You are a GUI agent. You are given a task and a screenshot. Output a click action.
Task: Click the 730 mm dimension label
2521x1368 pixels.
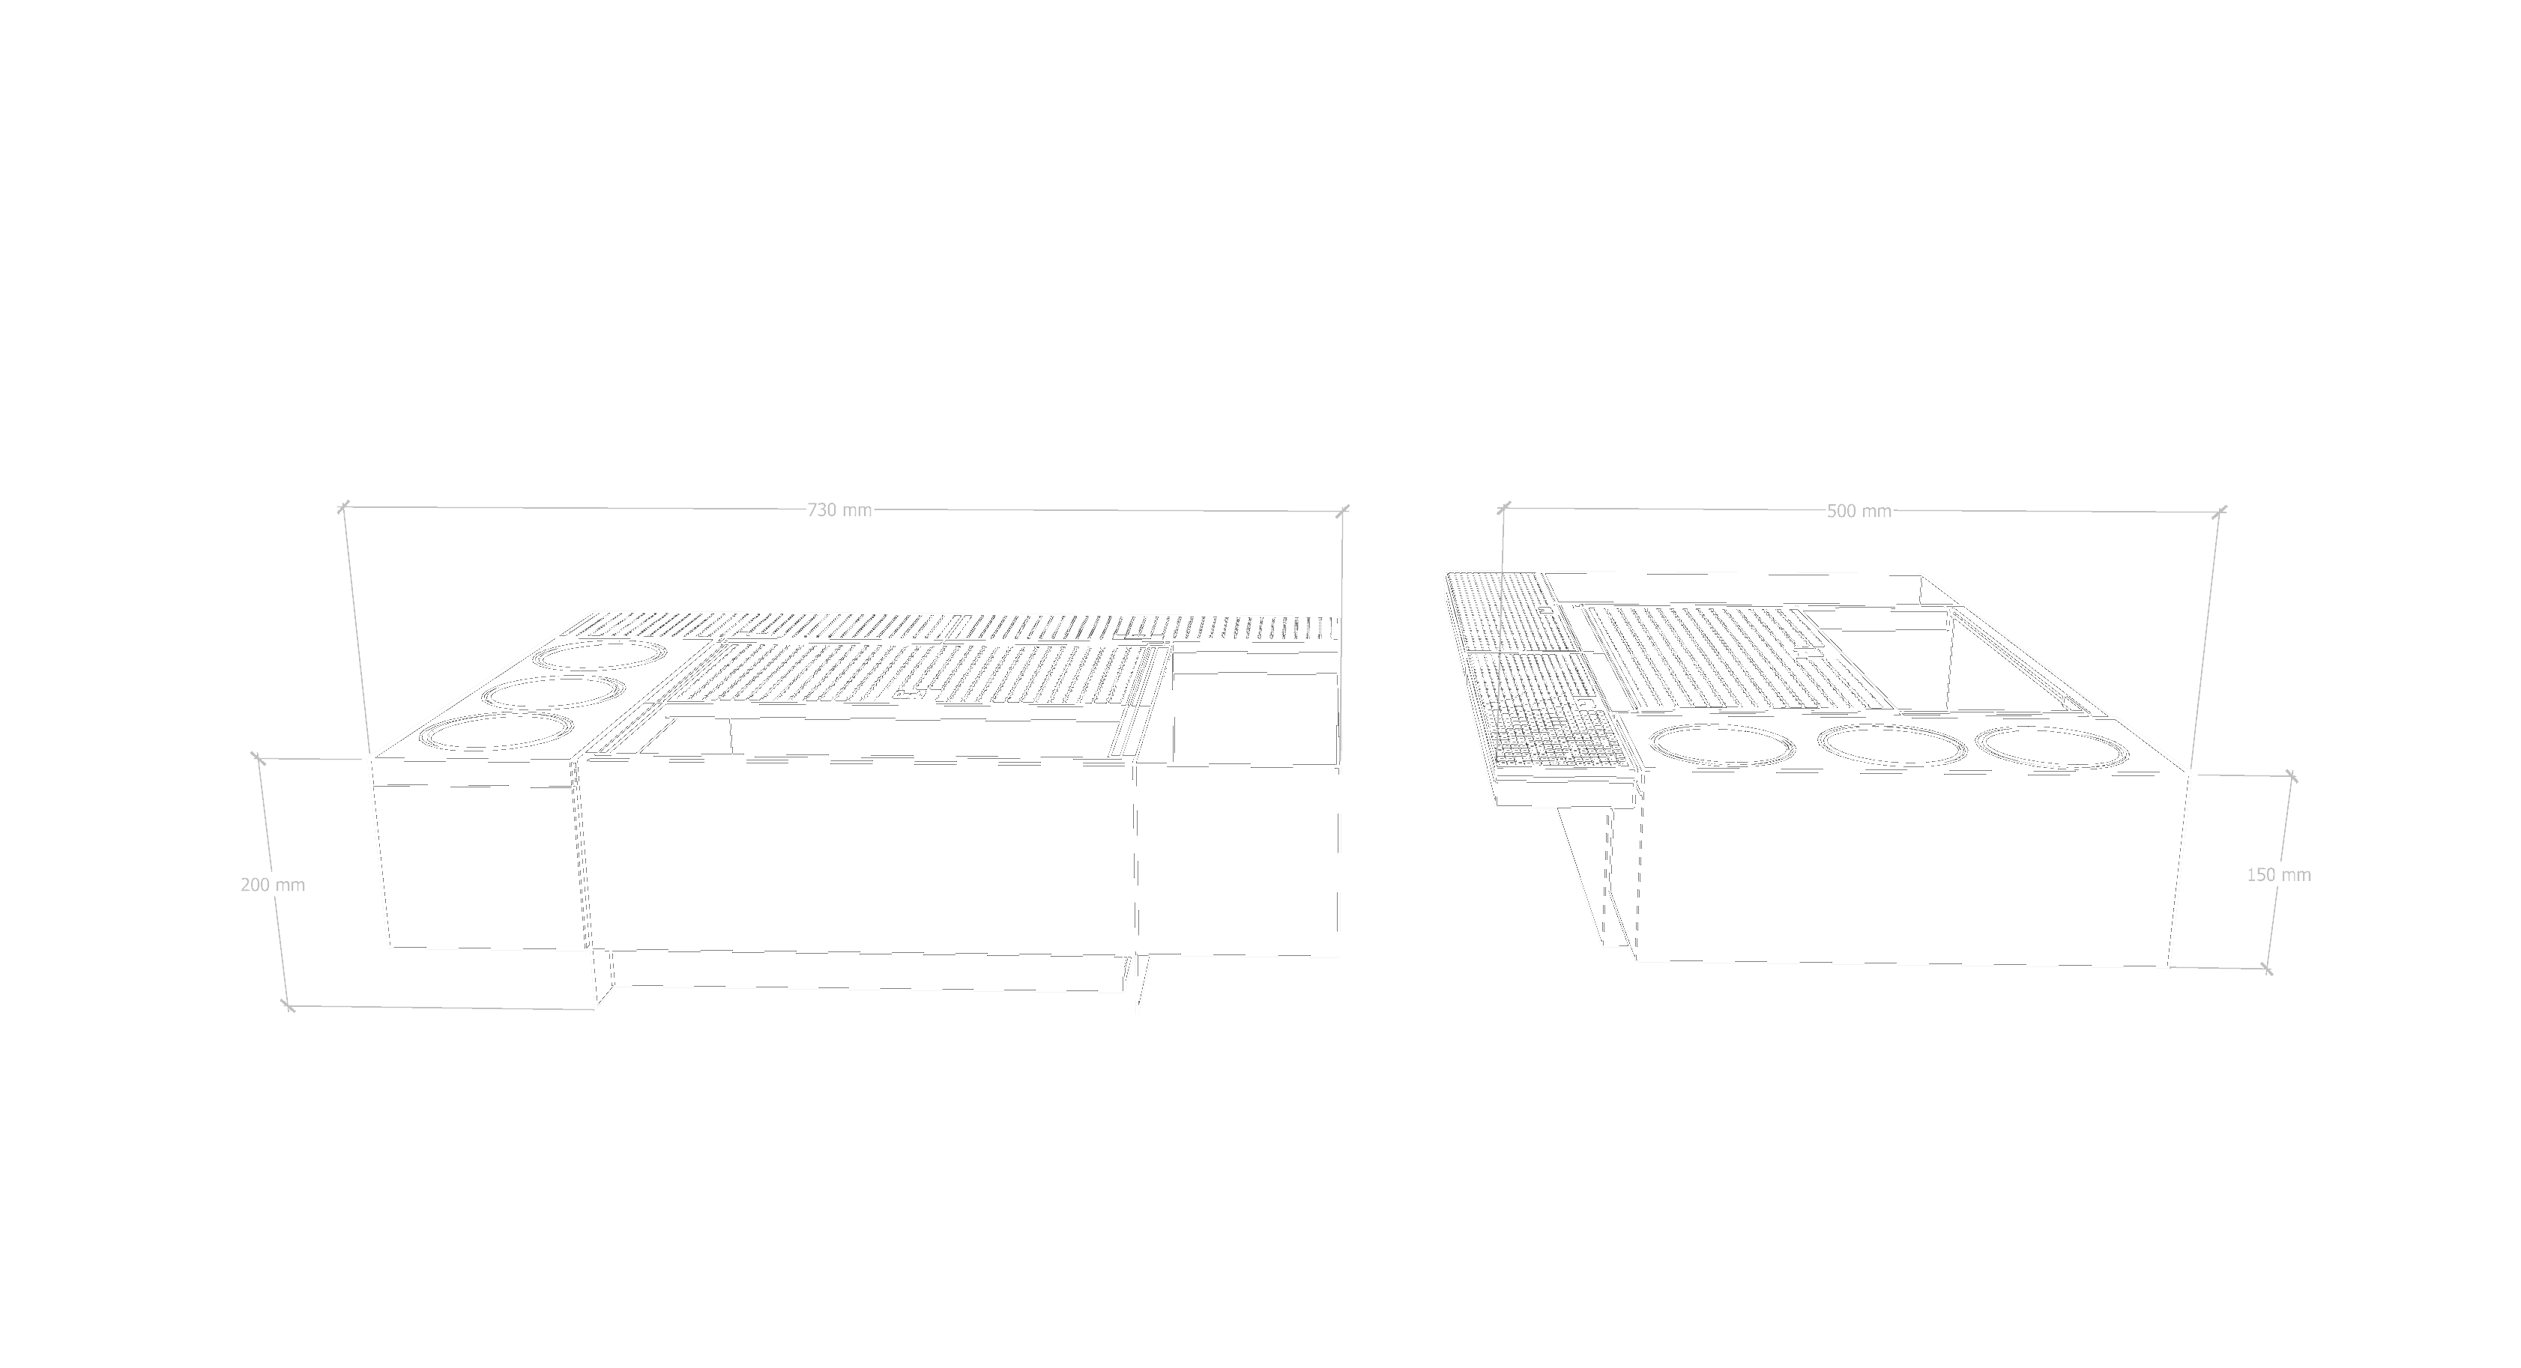(x=839, y=510)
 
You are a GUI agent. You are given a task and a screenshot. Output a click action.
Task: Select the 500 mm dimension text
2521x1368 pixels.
(x=1859, y=511)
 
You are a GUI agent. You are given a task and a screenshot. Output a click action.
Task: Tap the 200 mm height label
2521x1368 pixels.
(x=273, y=885)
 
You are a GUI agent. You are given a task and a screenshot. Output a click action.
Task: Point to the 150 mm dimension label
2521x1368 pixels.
(x=2278, y=875)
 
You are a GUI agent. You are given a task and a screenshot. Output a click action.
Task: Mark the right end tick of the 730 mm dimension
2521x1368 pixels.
(x=1343, y=510)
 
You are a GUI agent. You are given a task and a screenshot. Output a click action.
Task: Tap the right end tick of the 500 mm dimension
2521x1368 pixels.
(x=2220, y=510)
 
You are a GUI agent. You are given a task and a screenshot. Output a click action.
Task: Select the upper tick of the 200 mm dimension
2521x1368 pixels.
(x=257, y=757)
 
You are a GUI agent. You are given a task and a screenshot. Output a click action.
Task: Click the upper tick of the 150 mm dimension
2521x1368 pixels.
(x=2291, y=776)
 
